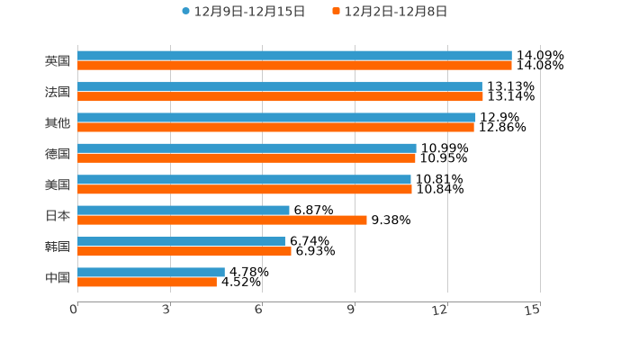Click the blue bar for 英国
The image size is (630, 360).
[294, 56]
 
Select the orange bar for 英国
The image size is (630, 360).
[294, 66]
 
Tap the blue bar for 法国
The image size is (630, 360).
[280, 86]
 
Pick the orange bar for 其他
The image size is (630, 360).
[275, 128]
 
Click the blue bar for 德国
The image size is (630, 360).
[247, 148]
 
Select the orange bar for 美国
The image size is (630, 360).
[245, 190]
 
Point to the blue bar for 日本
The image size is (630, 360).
[184, 211]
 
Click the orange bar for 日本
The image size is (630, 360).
[222, 220]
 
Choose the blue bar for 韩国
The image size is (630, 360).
[181, 241]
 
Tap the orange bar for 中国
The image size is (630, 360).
[147, 283]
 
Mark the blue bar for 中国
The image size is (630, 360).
[151, 272]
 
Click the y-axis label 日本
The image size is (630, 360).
[58, 216]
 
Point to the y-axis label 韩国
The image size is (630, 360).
[58, 247]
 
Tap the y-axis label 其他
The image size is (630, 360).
[58, 123]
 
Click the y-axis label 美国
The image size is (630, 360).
[58, 184]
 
